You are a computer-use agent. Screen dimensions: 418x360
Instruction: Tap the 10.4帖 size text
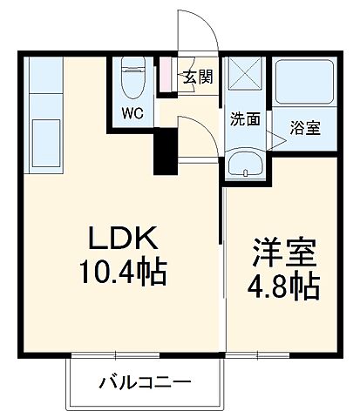point(123,274)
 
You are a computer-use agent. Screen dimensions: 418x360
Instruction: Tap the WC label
point(132,112)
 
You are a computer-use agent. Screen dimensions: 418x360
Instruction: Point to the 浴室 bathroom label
point(306,129)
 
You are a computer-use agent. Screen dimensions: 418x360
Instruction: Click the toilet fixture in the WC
point(132,77)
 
